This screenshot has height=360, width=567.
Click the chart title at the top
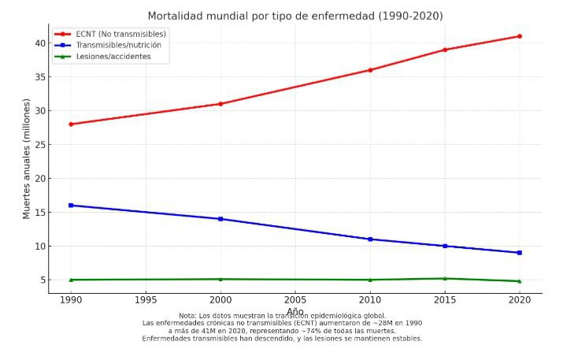(x=295, y=16)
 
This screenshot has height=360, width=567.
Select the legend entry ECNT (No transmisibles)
(x=120, y=34)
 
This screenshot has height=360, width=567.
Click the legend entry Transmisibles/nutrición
(x=119, y=45)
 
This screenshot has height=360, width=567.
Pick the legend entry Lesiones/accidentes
(x=113, y=57)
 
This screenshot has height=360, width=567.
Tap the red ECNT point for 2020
(x=520, y=36)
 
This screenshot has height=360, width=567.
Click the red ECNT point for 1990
(x=71, y=124)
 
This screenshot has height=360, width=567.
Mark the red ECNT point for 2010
(x=370, y=70)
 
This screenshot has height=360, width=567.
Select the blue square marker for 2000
(x=220, y=219)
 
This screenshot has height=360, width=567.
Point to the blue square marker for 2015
(x=445, y=246)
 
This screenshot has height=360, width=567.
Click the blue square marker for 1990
(x=71, y=206)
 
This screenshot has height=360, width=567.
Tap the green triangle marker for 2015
(x=445, y=278)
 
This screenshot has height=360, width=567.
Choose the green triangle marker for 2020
(x=520, y=281)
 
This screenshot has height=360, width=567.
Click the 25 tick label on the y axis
(x=40, y=145)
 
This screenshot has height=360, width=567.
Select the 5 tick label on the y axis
(x=43, y=280)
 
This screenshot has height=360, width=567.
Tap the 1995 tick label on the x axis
(x=146, y=300)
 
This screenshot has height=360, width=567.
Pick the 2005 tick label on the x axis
(x=295, y=300)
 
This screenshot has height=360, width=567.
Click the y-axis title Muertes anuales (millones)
(x=27, y=158)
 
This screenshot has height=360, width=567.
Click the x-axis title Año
(x=295, y=311)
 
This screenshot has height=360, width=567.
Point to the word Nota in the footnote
(x=187, y=316)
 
